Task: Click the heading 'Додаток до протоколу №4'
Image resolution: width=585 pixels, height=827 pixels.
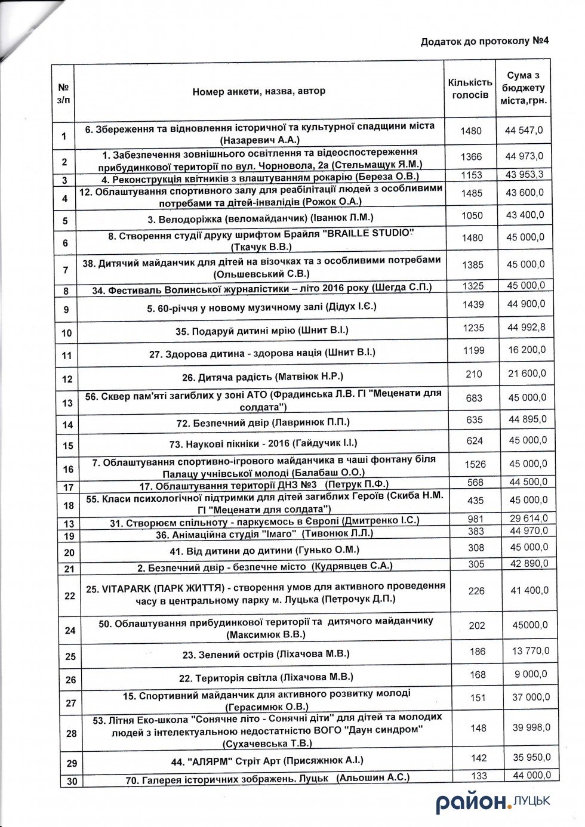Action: (484, 41)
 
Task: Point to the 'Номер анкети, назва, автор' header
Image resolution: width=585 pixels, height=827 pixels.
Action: (259, 91)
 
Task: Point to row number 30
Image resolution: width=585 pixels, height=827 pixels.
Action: (71, 780)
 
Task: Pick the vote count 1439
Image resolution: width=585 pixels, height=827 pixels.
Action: (473, 304)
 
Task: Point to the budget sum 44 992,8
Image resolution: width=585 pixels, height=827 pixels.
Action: (525, 327)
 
